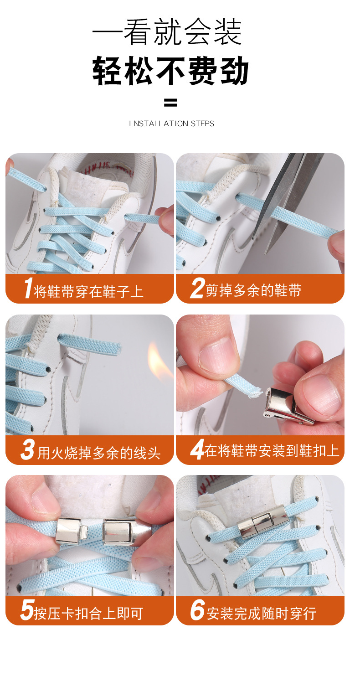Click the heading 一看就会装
(x=167, y=31)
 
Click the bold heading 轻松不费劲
(x=171, y=71)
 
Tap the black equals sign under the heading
(x=170, y=103)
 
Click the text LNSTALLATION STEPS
(x=171, y=124)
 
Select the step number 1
(x=27, y=289)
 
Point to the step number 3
(x=27, y=450)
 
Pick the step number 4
(x=196, y=450)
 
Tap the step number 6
(x=197, y=611)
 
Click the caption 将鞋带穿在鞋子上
(x=89, y=291)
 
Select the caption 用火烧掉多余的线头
(x=99, y=453)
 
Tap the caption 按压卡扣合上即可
(x=89, y=614)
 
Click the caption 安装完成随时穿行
(x=261, y=614)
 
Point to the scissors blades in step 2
(x=283, y=191)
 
